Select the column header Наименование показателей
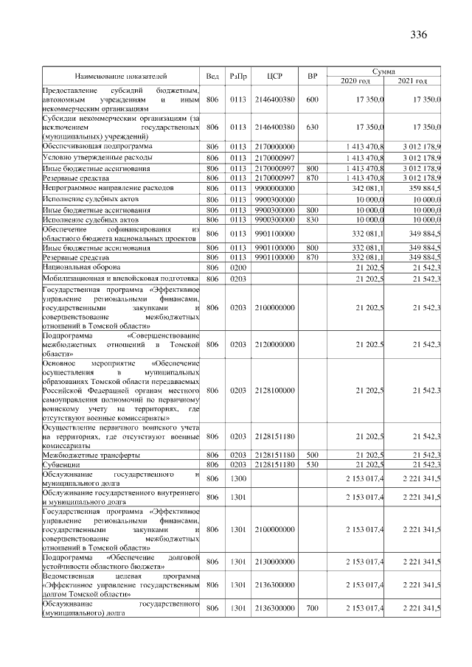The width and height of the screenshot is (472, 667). [121, 76]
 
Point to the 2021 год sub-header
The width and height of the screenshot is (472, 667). [412, 80]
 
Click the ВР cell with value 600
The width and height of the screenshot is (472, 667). [312, 99]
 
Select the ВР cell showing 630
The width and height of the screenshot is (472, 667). [312, 127]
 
